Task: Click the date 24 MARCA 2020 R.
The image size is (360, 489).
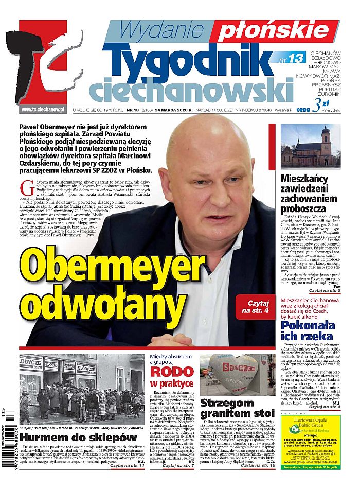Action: click(168, 110)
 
